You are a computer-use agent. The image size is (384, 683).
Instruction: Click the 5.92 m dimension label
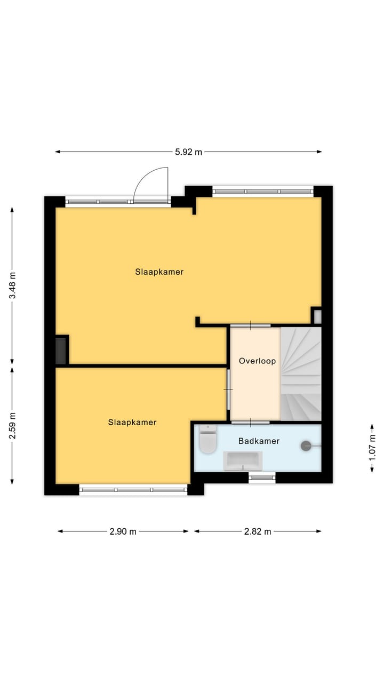pyautogui.click(x=189, y=152)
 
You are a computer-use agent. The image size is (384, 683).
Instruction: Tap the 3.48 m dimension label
pyautogui.click(x=12, y=285)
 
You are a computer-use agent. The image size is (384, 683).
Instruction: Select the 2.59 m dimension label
pyautogui.click(x=12, y=425)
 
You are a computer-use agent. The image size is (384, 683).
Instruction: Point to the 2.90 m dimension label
pyautogui.click(x=123, y=531)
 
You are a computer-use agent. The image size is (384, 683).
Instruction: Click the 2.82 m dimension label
pyautogui.click(x=258, y=531)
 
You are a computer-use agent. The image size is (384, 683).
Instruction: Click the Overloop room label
pyautogui.click(x=257, y=361)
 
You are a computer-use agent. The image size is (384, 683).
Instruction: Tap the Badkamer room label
pyautogui.click(x=259, y=441)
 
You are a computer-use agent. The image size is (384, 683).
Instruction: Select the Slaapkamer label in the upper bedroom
pyautogui.click(x=159, y=272)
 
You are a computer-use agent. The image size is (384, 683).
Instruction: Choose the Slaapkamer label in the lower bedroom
pyautogui.click(x=132, y=423)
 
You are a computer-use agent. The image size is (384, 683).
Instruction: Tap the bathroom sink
pyautogui.click(x=243, y=460)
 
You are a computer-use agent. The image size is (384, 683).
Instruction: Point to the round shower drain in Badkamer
pyautogui.click(x=306, y=446)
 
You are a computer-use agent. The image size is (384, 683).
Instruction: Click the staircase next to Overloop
pyautogui.click(x=301, y=374)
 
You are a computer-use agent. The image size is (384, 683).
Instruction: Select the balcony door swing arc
pyautogui.click(x=151, y=184)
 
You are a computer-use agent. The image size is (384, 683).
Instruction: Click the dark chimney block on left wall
pyautogui.click(x=62, y=350)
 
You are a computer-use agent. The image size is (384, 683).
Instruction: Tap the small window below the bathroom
pyautogui.click(x=262, y=478)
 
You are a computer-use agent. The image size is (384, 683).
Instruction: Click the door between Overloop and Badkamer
pyautogui.click(x=250, y=422)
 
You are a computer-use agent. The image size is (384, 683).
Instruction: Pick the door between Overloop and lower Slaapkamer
pyautogui.click(x=228, y=390)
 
